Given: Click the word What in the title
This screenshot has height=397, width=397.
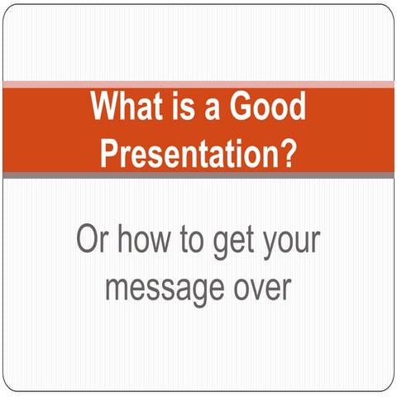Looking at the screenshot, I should (126, 108).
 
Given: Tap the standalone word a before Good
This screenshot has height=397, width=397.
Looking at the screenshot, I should (215, 108).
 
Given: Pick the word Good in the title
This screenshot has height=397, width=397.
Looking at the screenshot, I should (267, 108).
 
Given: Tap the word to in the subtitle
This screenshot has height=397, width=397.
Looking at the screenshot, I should (198, 240).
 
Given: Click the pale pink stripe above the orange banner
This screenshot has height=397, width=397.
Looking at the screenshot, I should (198, 84).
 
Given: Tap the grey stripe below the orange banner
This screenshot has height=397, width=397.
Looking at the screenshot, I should (198, 175).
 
